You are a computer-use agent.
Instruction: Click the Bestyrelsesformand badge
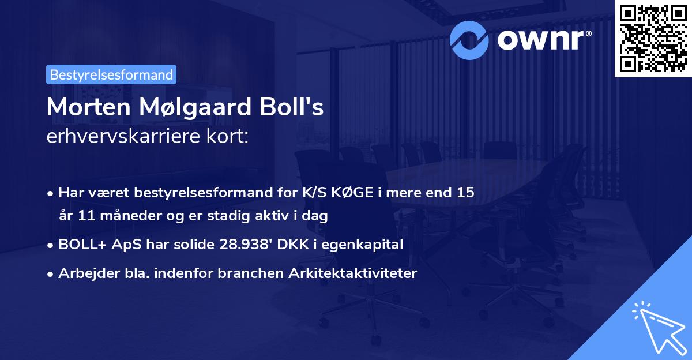tap(111, 74)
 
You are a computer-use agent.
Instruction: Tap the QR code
tap(652, 38)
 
